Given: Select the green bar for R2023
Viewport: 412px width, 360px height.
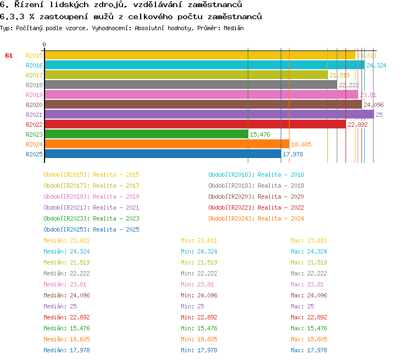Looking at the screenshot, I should (x=146, y=134).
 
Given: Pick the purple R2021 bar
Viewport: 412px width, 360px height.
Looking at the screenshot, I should (x=209, y=115).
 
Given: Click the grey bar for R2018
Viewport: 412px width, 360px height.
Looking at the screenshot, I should (x=190, y=85).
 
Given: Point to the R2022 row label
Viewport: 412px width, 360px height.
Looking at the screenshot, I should (x=34, y=125).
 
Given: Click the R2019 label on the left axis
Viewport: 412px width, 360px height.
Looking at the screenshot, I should (x=34, y=95).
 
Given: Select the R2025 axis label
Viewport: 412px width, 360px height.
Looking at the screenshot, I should (x=34, y=154).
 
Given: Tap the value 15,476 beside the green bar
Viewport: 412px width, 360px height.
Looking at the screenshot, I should (x=260, y=134).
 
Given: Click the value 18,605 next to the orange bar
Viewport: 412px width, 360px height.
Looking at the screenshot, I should (x=301, y=144).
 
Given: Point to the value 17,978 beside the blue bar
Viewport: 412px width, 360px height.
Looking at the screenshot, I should (x=293, y=154).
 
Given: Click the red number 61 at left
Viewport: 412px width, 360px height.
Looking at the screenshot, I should (x=9, y=55).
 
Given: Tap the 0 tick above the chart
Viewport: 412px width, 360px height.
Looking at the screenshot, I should (x=44, y=44).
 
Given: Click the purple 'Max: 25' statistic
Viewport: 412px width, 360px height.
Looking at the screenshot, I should (x=302, y=306).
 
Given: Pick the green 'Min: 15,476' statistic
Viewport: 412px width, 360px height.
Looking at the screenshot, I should (x=199, y=328).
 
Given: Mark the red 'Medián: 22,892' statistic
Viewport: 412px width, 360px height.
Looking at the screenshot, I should (x=66, y=317).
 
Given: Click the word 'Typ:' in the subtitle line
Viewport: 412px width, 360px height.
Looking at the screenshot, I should (x=6, y=27).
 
